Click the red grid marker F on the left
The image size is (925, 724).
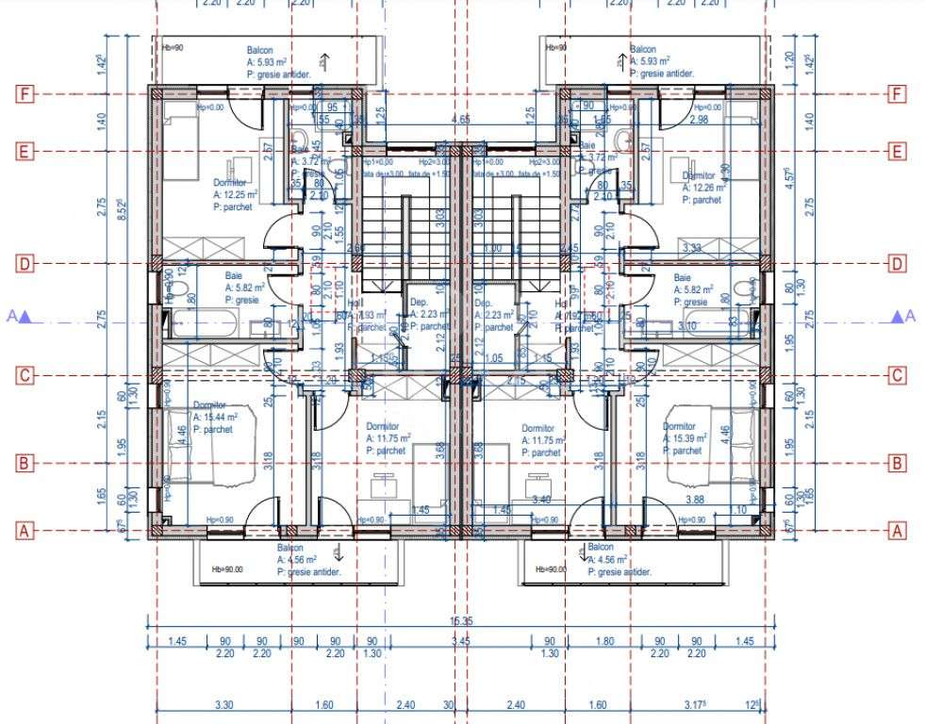(25, 94)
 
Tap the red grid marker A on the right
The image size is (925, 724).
(898, 531)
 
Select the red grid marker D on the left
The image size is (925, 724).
(25, 264)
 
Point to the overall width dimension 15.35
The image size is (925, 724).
(461, 621)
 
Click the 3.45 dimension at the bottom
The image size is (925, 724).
(461, 641)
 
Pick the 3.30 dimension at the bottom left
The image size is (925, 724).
(224, 704)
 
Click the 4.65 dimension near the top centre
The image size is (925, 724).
(461, 120)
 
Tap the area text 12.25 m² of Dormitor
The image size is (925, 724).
(236, 194)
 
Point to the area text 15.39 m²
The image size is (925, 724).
(687, 438)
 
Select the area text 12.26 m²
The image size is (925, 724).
(704, 188)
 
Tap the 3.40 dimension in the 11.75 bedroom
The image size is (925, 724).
(541, 500)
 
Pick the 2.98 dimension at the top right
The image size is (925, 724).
(699, 120)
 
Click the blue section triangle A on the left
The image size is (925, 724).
(27, 318)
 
